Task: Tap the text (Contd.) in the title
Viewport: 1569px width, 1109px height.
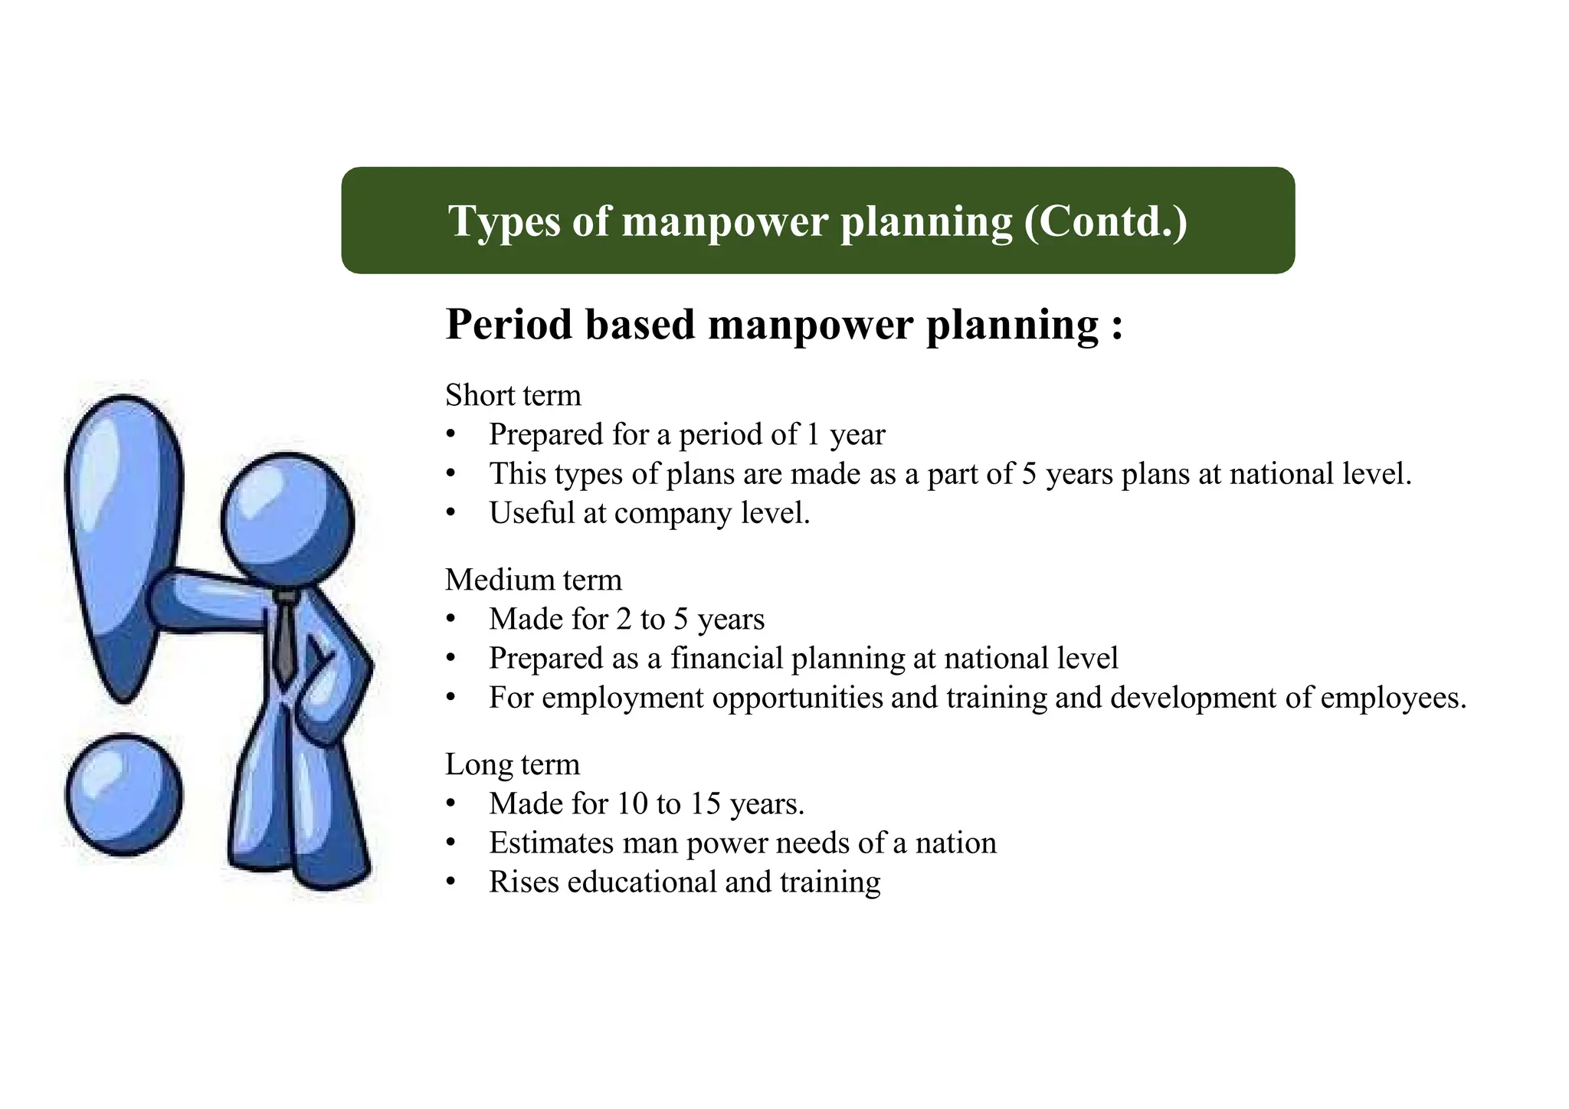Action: (1106, 221)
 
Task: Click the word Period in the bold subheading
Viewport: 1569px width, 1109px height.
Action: (509, 325)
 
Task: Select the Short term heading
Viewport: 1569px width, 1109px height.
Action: (513, 395)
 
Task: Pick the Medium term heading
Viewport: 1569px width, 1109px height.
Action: (533, 580)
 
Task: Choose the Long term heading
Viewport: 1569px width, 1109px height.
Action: (513, 764)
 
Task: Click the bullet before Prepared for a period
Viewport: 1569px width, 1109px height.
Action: (450, 435)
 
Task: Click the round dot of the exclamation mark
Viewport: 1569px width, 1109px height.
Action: (123, 795)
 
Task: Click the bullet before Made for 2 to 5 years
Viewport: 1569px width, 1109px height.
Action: (450, 620)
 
